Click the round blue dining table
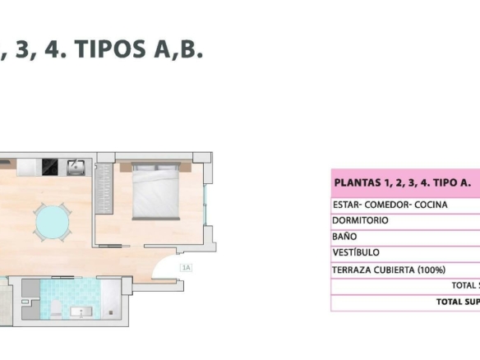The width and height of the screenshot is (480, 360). tap(52, 222)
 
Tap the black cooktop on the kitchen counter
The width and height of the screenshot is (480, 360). tap(50, 167)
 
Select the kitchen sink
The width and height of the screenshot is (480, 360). tap(76, 167)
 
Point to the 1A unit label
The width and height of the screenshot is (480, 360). tap(186, 268)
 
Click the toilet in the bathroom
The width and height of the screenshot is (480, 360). tap(56, 309)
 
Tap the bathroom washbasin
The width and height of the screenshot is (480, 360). tap(81, 312)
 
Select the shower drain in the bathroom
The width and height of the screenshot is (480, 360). tap(111, 312)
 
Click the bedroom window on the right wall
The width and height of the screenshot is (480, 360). tap(205, 205)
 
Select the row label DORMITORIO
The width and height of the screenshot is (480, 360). tap(360, 220)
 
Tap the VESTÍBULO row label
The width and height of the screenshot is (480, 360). tap(356, 252)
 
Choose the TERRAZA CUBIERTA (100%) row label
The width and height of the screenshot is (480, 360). tap(389, 270)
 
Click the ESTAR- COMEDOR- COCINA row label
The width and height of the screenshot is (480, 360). tap(390, 205)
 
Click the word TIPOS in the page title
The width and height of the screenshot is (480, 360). tap(110, 48)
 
